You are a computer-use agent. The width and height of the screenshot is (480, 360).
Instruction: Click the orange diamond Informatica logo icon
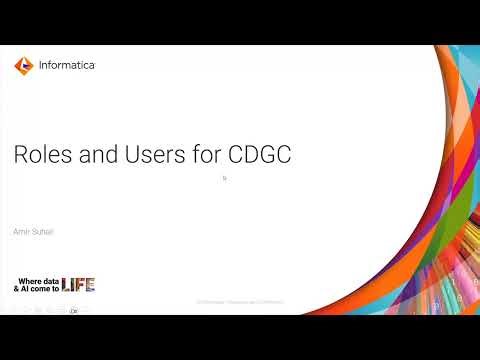pyautogui.click(x=24, y=65)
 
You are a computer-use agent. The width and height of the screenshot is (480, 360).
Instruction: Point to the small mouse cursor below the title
pyautogui.click(x=225, y=178)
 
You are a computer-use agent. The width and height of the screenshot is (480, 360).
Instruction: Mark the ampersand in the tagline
pyautogui.click(x=17, y=288)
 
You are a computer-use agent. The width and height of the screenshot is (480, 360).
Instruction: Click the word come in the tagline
pyautogui.click(x=42, y=288)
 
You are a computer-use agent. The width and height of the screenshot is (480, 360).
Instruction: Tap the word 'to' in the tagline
pyautogui.click(x=56, y=288)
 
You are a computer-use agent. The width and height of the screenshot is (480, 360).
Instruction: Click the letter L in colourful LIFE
pyautogui.click(x=65, y=284)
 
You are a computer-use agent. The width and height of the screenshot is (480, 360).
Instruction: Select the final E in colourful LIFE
pyautogui.click(x=90, y=284)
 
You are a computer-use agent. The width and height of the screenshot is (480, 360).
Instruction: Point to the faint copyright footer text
pyautogui.click(x=240, y=301)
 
